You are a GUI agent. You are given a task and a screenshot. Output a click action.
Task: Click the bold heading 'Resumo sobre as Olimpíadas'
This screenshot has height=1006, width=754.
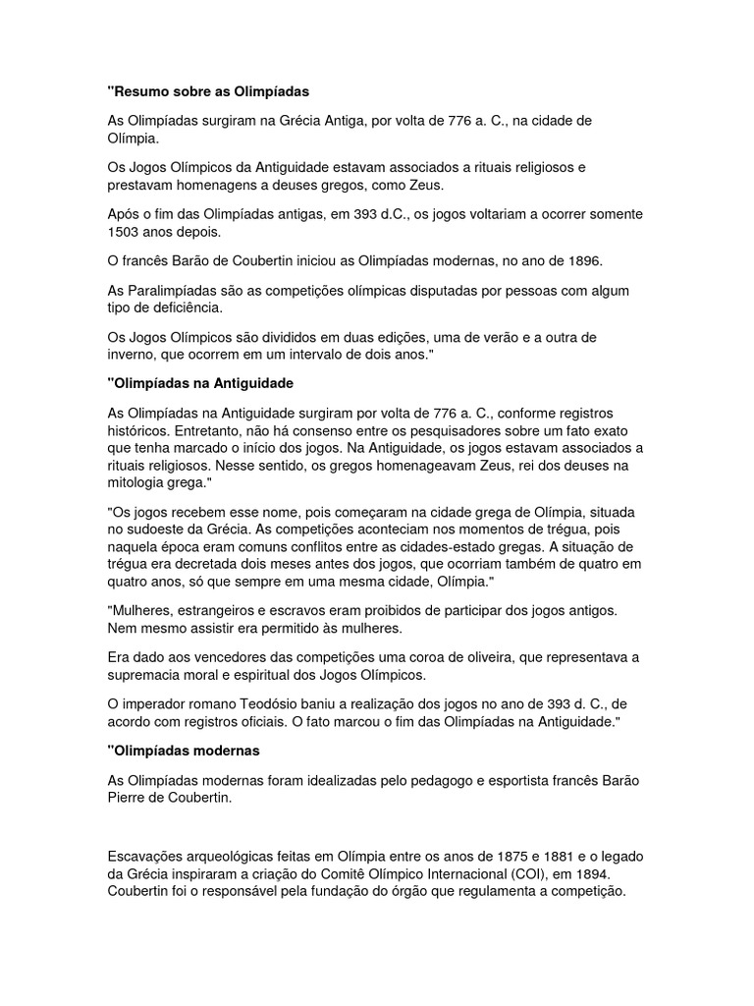point(208,91)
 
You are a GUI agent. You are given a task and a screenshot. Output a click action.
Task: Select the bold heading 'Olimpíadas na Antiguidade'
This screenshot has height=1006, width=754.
point(201,381)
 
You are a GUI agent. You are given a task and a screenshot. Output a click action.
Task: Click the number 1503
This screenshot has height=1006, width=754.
point(125,233)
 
